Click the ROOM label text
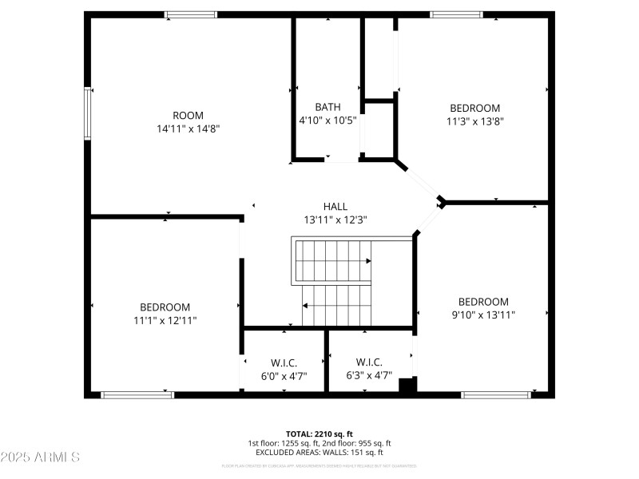click(188, 115)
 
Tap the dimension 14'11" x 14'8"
click(188, 128)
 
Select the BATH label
click(327, 107)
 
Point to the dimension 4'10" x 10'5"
click(327, 121)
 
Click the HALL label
click(335, 206)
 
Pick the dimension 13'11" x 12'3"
click(335, 220)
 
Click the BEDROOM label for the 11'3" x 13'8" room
click(474, 109)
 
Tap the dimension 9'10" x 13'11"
click(482, 315)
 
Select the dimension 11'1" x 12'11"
click(165, 320)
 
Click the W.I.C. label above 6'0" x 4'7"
click(284, 362)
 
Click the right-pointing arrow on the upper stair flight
click(367, 261)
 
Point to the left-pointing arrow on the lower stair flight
click(305, 305)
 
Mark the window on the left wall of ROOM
click(88, 113)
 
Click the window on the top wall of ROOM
click(191, 14)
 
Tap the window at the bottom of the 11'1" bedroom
click(137, 394)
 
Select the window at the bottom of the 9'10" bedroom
click(496, 394)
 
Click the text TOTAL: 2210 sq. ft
click(319, 433)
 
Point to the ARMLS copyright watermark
click(40, 457)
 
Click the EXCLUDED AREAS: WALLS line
click(319, 453)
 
